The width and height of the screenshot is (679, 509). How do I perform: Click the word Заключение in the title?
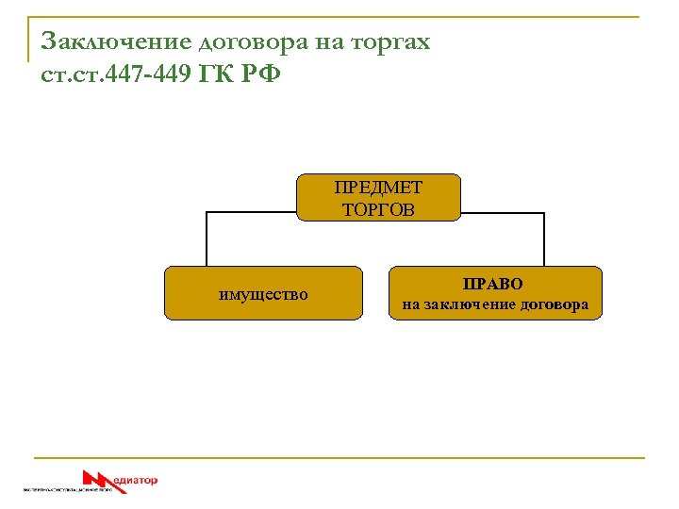pos(116,42)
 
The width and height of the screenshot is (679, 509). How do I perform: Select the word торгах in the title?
pos(390,42)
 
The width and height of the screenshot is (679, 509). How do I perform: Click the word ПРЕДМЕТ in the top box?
pos(378,189)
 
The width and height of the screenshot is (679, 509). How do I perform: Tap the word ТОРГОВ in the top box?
pos(378,209)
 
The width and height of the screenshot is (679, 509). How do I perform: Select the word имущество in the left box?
pos(263,294)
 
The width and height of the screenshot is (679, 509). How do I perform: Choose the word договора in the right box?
pos(556,304)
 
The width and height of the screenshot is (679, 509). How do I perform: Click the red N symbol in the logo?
pos(98,479)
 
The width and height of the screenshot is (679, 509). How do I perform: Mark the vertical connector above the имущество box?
pos(206,239)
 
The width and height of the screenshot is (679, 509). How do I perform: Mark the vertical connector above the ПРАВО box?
pos(544,239)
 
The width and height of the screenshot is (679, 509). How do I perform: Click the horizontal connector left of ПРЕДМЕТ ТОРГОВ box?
pos(251,213)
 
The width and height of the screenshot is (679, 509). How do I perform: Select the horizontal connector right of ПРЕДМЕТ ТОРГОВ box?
pos(503,213)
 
